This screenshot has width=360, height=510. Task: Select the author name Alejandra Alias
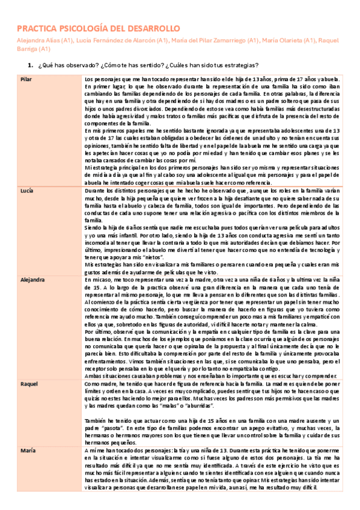pyautogui.click(x=37, y=41)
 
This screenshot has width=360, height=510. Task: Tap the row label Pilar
pyautogui.click(x=26, y=79)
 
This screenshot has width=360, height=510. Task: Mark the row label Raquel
pyautogui.click(x=29, y=383)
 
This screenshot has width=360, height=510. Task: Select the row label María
pyautogui.click(x=28, y=450)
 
